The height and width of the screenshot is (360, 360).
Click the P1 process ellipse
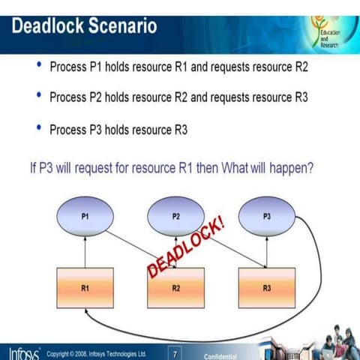[85, 216]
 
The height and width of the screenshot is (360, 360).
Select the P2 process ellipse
[175, 216]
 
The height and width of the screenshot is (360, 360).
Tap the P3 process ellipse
[266, 216]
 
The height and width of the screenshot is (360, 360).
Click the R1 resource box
[85, 286]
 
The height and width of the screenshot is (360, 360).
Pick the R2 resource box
[175, 286]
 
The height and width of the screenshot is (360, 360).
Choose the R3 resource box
[266, 286]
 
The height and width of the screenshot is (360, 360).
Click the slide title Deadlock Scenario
[84, 25]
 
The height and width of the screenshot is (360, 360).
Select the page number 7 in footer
[175, 353]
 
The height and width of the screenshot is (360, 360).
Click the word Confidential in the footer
[220, 356]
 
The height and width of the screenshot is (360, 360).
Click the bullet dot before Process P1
[39, 66]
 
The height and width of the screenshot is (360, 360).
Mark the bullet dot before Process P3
[39, 128]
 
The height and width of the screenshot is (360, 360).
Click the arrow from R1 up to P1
[85, 250]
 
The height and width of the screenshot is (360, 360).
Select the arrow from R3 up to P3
[266, 250]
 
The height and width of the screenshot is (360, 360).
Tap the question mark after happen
[310, 168]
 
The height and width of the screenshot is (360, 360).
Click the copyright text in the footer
[96, 353]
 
